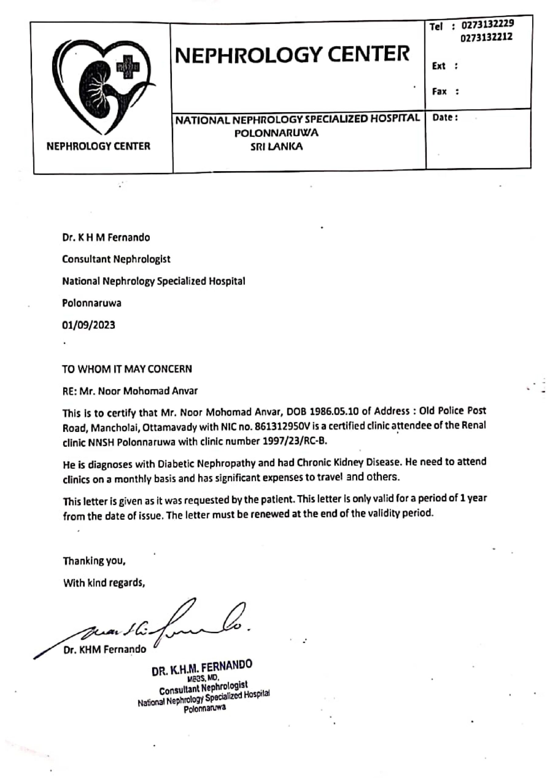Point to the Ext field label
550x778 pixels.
(438, 66)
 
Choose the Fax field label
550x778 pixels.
(439, 91)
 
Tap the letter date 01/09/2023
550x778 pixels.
(88, 325)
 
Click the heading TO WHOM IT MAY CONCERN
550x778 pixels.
(127, 369)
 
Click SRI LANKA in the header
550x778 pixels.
(276, 147)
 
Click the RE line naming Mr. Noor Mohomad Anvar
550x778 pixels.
(130, 391)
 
